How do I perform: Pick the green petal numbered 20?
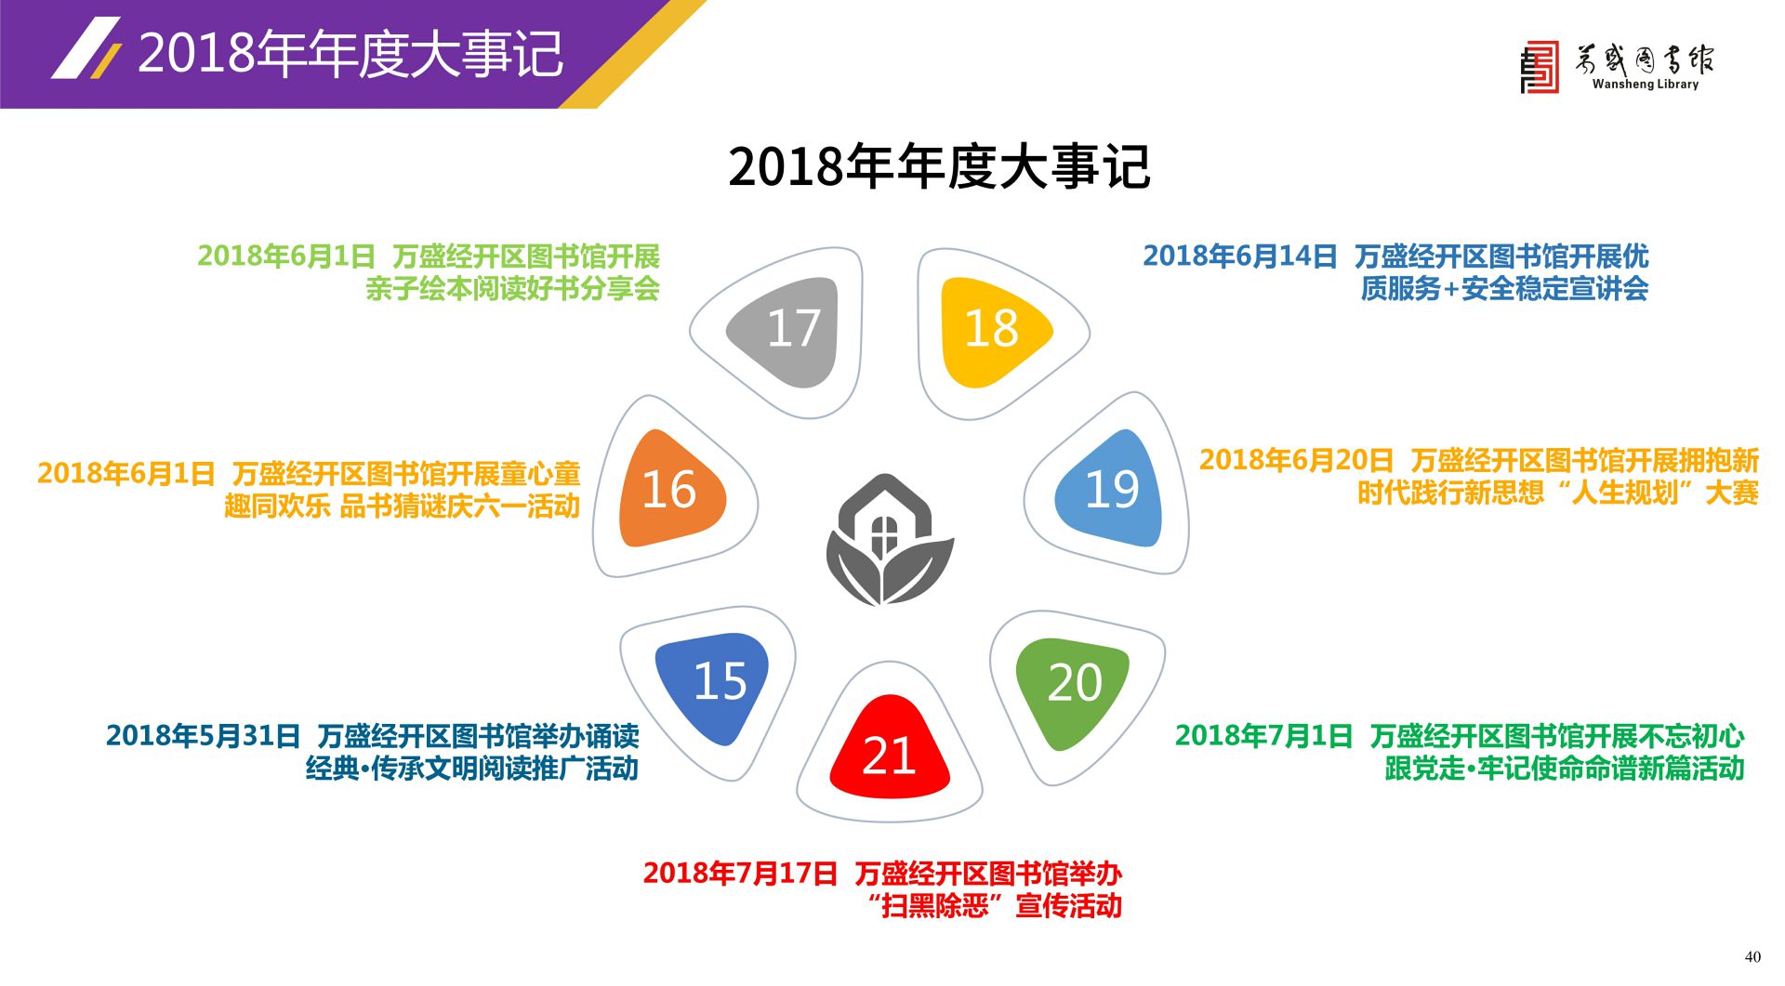pyautogui.click(x=1074, y=688)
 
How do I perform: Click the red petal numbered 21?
pyautogui.click(x=890, y=751)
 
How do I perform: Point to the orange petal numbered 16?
pyautogui.click(x=669, y=489)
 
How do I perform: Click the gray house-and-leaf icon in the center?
pyautogui.click(x=890, y=541)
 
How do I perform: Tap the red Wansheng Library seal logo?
pyautogui.click(x=1540, y=67)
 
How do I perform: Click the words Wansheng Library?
pyautogui.click(x=1645, y=85)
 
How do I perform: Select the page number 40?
pyautogui.click(x=1752, y=957)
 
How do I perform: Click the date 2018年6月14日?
pyautogui.click(x=1239, y=256)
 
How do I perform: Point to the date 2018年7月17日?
pyautogui.click(x=740, y=874)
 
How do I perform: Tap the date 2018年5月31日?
pyautogui.click(x=203, y=736)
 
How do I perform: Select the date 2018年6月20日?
pyautogui.click(x=1296, y=460)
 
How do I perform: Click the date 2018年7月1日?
pyautogui.click(x=1263, y=736)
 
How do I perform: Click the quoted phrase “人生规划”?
pyautogui.click(x=1625, y=493)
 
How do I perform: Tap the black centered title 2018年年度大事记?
pyautogui.click(x=939, y=167)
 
